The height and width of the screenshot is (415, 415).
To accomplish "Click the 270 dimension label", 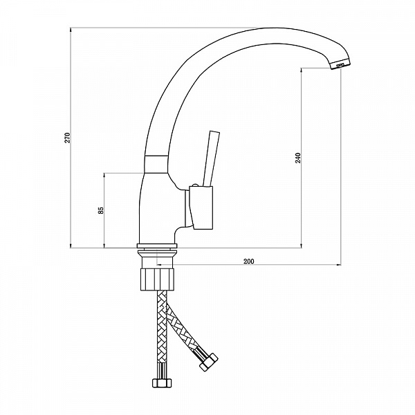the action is point(68,138).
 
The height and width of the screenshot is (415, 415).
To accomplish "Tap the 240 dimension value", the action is point(298,158).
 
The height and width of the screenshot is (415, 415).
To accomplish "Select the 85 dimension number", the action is point(102,210).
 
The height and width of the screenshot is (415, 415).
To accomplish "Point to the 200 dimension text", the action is point(248,261).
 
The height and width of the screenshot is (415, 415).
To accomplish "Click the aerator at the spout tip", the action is point(341,65).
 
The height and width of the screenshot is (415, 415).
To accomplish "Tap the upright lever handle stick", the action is point(211,158).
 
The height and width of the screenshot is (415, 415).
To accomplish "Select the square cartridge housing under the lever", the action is point(201,207).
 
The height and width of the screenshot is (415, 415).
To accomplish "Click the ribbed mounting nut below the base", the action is point(157,279).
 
